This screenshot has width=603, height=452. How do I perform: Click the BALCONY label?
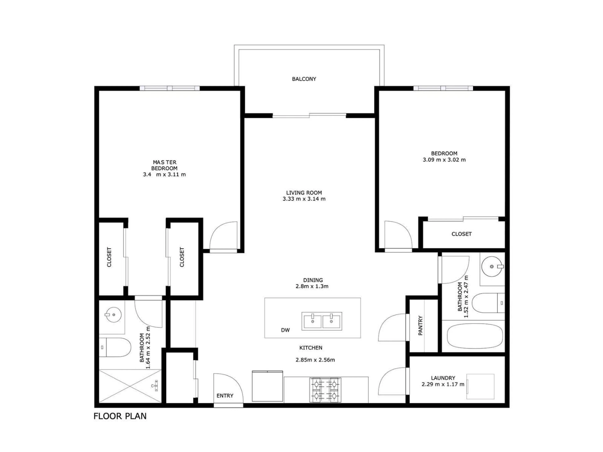[304, 79]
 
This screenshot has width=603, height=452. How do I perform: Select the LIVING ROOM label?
[304, 193]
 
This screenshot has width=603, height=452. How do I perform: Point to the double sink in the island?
[322, 321]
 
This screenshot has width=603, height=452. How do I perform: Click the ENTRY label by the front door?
[225, 396]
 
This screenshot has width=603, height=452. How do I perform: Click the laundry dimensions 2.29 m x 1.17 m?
[443, 384]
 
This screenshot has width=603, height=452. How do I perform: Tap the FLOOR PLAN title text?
[120, 416]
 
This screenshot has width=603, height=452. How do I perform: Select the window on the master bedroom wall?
[170, 88]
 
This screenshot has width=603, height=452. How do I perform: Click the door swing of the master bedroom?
[222, 236]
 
